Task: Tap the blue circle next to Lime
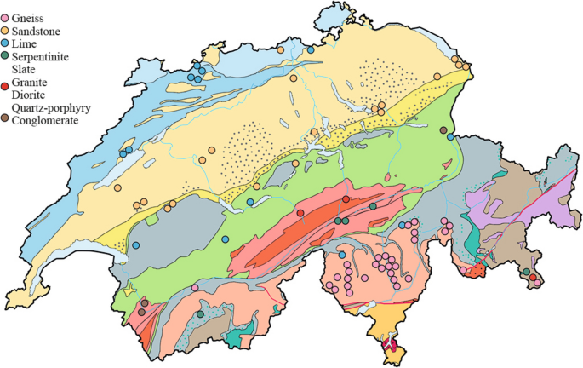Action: click(x=5, y=44)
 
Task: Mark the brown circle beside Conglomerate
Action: click(x=5, y=121)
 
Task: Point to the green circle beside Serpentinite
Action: click(x=5, y=57)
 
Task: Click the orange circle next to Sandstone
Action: click(x=5, y=32)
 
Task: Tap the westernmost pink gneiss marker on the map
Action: click(x=195, y=289)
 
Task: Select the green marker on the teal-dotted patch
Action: click(x=200, y=314)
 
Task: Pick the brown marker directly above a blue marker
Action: click(x=443, y=129)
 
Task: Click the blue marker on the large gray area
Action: click(x=136, y=245)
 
